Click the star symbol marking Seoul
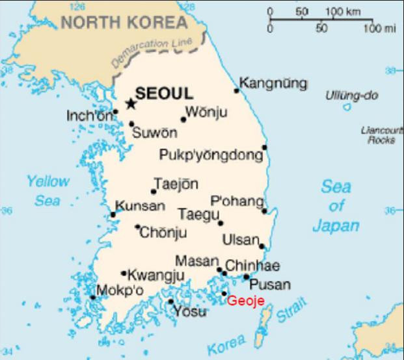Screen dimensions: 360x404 pyautogui.click(x=131, y=103)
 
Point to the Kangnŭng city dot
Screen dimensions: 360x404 pyautogui.click(x=237, y=90)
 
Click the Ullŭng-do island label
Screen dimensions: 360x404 pyautogui.click(x=351, y=96)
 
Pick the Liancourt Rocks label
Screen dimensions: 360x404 pyautogui.click(x=381, y=135)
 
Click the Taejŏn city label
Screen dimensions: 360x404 pyautogui.click(x=176, y=184)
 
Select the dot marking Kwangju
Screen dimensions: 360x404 pyautogui.click(x=124, y=274)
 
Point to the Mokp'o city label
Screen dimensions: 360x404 pyautogui.click(x=120, y=290)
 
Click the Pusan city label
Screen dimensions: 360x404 pyautogui.click(x=270, y=285)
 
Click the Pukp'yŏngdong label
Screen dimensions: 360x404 pyautogui.click(x=211, y=155)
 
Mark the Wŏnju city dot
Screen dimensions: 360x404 pyautogui.click(x=183, y=120)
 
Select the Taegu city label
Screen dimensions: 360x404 pyautogui.click(x=198, y=214)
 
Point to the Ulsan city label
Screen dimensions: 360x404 pyautogui.click(x=240, y=240)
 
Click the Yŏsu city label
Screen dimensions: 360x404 pyautogui.click(x=190, y=312)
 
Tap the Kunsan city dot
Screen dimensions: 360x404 pyautogui.click(x=113, y=214)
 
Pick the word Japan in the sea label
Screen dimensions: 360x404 pyautogui.click(x=336, y=226)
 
